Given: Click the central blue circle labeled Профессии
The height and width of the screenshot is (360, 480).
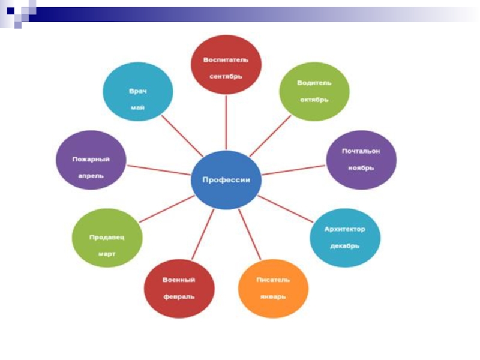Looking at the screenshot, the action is (x=226, y=180).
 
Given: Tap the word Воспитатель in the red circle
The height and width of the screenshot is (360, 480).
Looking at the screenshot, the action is (x=226, y=61).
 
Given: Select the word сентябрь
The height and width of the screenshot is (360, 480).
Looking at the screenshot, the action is (x=226, y=77).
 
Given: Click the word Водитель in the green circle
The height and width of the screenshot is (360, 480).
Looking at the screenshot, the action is (x=314, y=83).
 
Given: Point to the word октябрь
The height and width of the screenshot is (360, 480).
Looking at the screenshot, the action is (x=314, y=99).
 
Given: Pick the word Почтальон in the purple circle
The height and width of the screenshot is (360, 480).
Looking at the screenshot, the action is (x=361, y=151).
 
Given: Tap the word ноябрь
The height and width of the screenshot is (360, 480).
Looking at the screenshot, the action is (x=361, y=168).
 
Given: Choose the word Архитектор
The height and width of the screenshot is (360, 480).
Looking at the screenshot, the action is (x=344, y=229).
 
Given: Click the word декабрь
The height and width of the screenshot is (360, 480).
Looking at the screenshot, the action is (x=344, y=246).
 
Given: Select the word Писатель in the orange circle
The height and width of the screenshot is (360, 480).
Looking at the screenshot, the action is (x=273, y=280).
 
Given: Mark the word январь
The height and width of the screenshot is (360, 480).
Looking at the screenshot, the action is (x=273, y=296).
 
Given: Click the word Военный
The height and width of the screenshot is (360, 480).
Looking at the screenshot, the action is (x=179, y=280).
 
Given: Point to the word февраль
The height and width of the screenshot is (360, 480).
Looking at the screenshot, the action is (x=179, y=296).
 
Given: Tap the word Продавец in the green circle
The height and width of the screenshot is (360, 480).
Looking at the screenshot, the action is (x=107, y=237).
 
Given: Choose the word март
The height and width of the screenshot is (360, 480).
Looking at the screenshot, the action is (x=107, y=254).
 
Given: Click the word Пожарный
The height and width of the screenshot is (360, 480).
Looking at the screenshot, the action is (x=91, y=159).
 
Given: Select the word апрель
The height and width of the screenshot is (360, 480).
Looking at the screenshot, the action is (x=91, y=176).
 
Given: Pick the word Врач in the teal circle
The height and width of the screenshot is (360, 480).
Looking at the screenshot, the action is (x=137, y=91).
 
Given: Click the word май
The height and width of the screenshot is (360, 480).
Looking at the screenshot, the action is (x=137, y=108).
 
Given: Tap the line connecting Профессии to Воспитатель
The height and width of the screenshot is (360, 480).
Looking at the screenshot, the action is (x=226, y=123).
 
